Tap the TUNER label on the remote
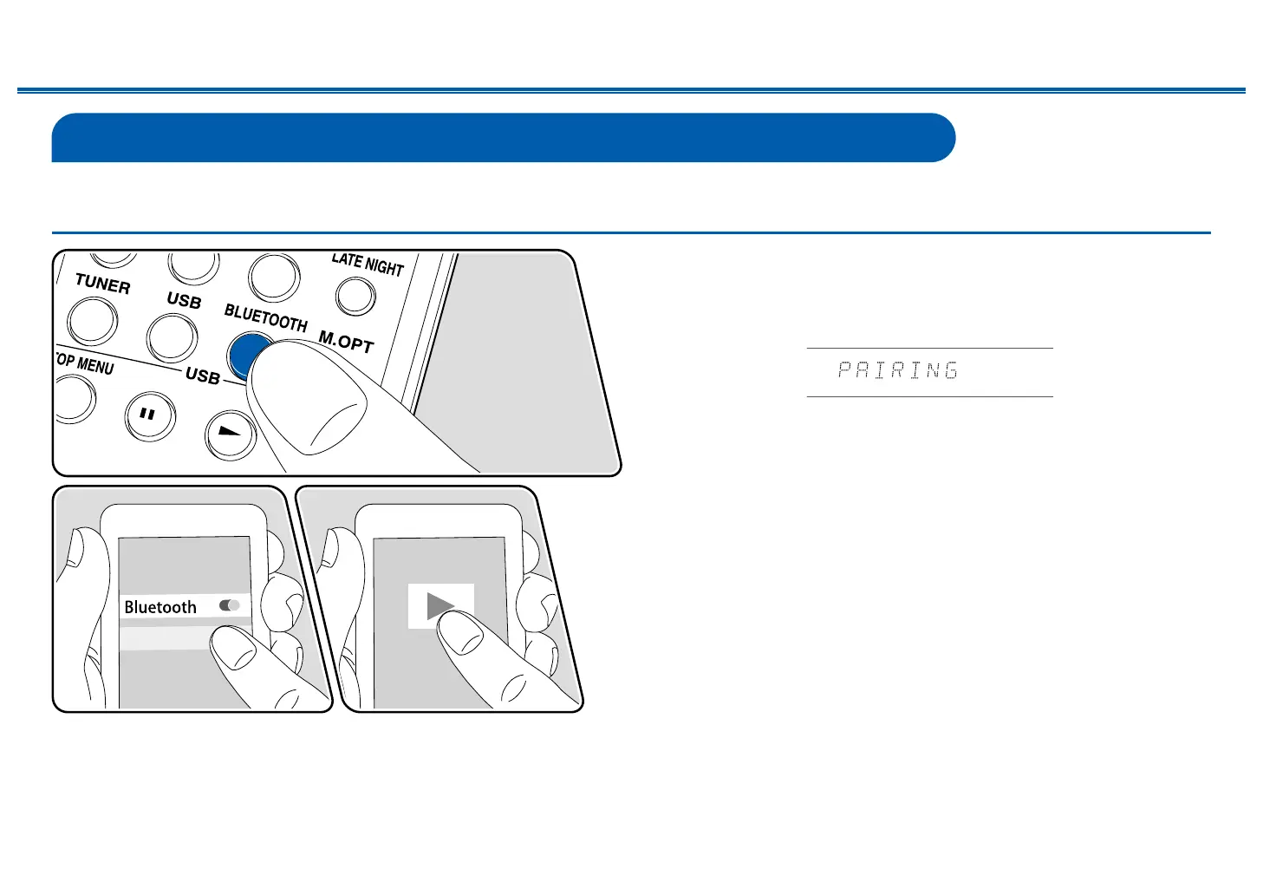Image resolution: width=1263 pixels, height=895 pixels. tap(102, 283)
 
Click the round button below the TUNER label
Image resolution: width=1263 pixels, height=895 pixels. tap(92, 321)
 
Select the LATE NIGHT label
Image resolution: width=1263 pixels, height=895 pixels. tap(368, 264)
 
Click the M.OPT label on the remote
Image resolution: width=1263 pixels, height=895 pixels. tap(346, 342)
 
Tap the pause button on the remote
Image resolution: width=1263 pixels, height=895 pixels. tap(148, 415)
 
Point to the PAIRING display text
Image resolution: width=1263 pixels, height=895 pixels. tap(898, 371)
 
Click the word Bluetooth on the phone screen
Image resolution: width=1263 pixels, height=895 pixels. tap(160, 607)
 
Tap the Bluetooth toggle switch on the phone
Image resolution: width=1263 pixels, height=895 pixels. tap(230, 605)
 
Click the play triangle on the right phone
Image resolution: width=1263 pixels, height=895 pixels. tap(439, 605)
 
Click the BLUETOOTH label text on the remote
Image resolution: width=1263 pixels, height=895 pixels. tap(265, 317)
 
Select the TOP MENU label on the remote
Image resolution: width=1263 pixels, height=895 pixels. tap(85, 364)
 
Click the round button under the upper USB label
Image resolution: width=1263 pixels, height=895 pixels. tap(173, 338)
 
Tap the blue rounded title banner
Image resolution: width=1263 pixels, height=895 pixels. tap(503, 137)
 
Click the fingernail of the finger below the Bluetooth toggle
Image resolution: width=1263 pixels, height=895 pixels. tap(229, 646)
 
